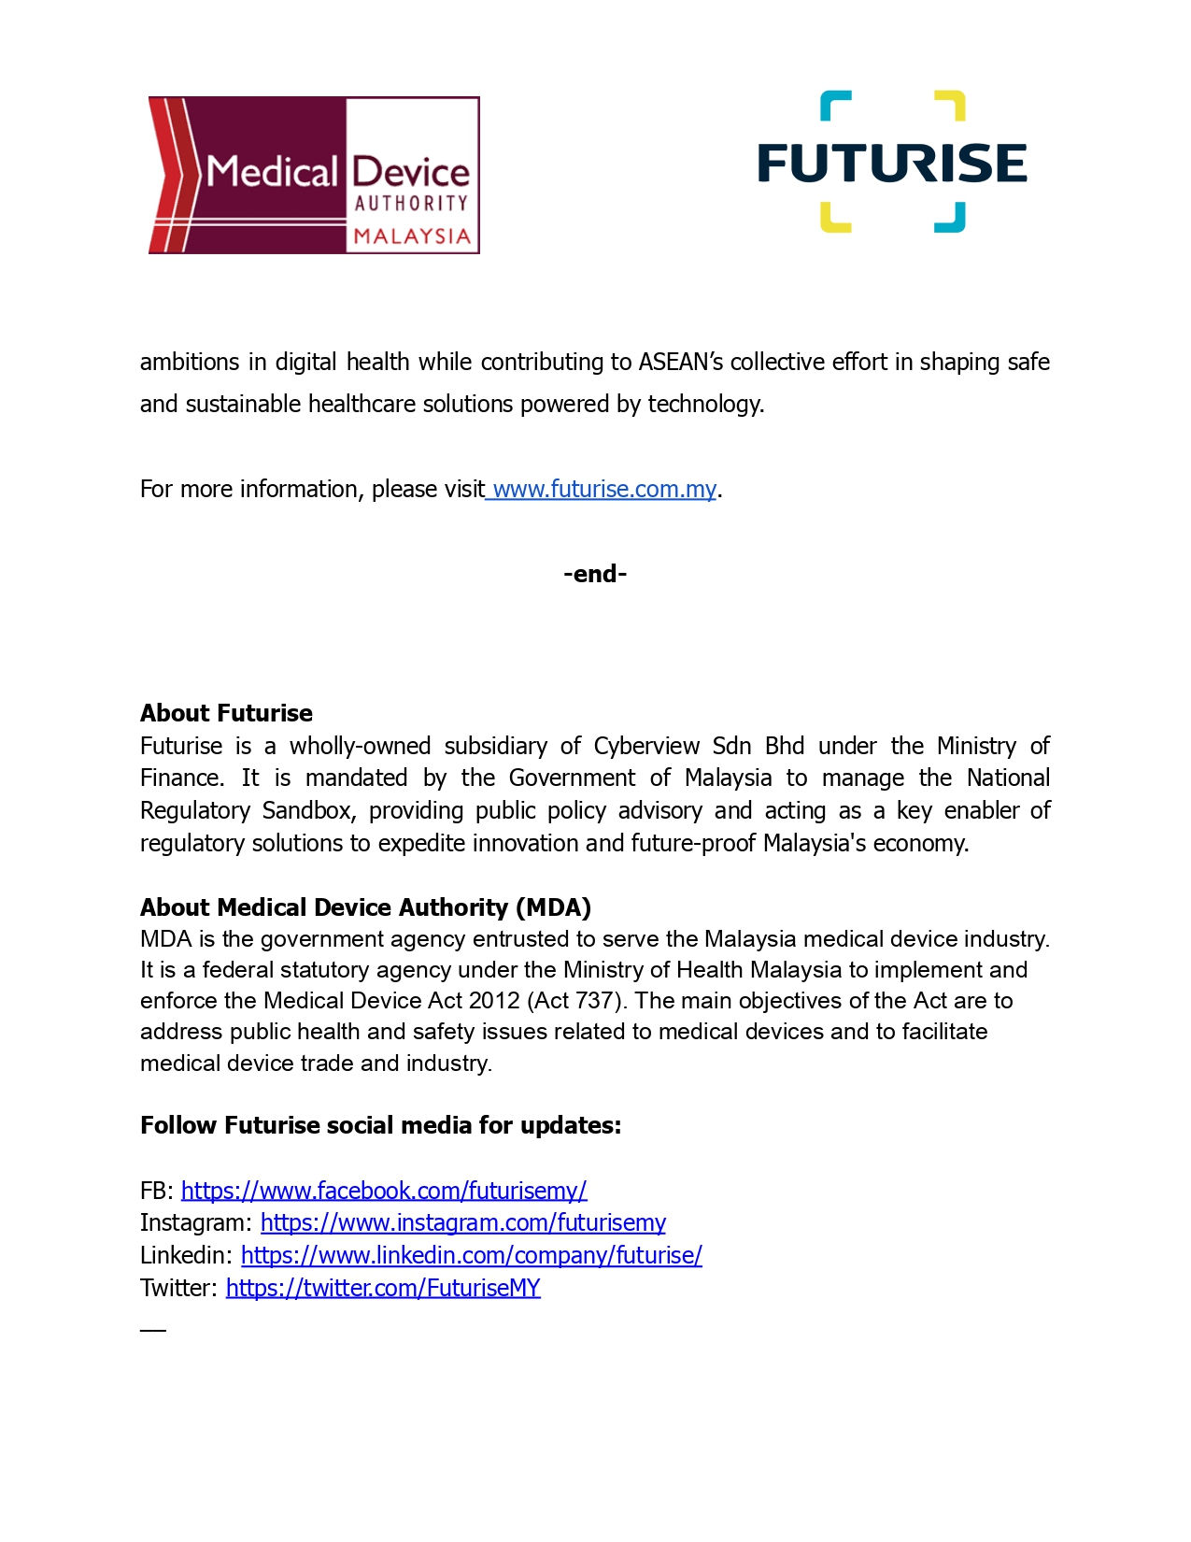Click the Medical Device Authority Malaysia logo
(314, 175)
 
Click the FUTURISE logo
(892, 162)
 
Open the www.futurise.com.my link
(603, 489)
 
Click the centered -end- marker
(595, 574)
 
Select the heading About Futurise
(226, 713)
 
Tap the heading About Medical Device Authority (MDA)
(365, 907)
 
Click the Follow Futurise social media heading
(380, 1125)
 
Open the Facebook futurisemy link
(383, 1191)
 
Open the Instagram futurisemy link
(462, 1222)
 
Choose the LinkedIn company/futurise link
(471, 1255)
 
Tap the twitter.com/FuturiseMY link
(383, 1288)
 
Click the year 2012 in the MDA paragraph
(494, 1001)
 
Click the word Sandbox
(306, 810)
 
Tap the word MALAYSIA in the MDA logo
(411, 236)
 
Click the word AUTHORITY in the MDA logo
(411, 203)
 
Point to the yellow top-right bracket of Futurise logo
(952, 104)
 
